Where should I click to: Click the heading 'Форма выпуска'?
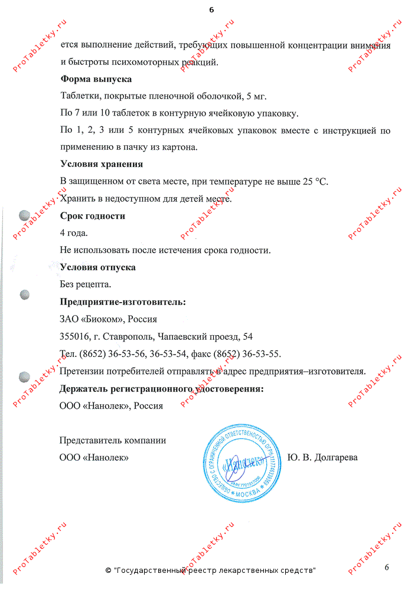[96, 78]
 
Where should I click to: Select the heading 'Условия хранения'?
[102, 164]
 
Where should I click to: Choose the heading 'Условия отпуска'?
[97, 267]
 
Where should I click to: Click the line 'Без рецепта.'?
[86, 284]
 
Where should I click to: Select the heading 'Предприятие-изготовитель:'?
[123, 302]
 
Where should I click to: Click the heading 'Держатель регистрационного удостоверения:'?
[161, 389]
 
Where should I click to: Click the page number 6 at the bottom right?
[387, 567]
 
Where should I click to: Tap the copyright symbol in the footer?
[108, 571]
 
